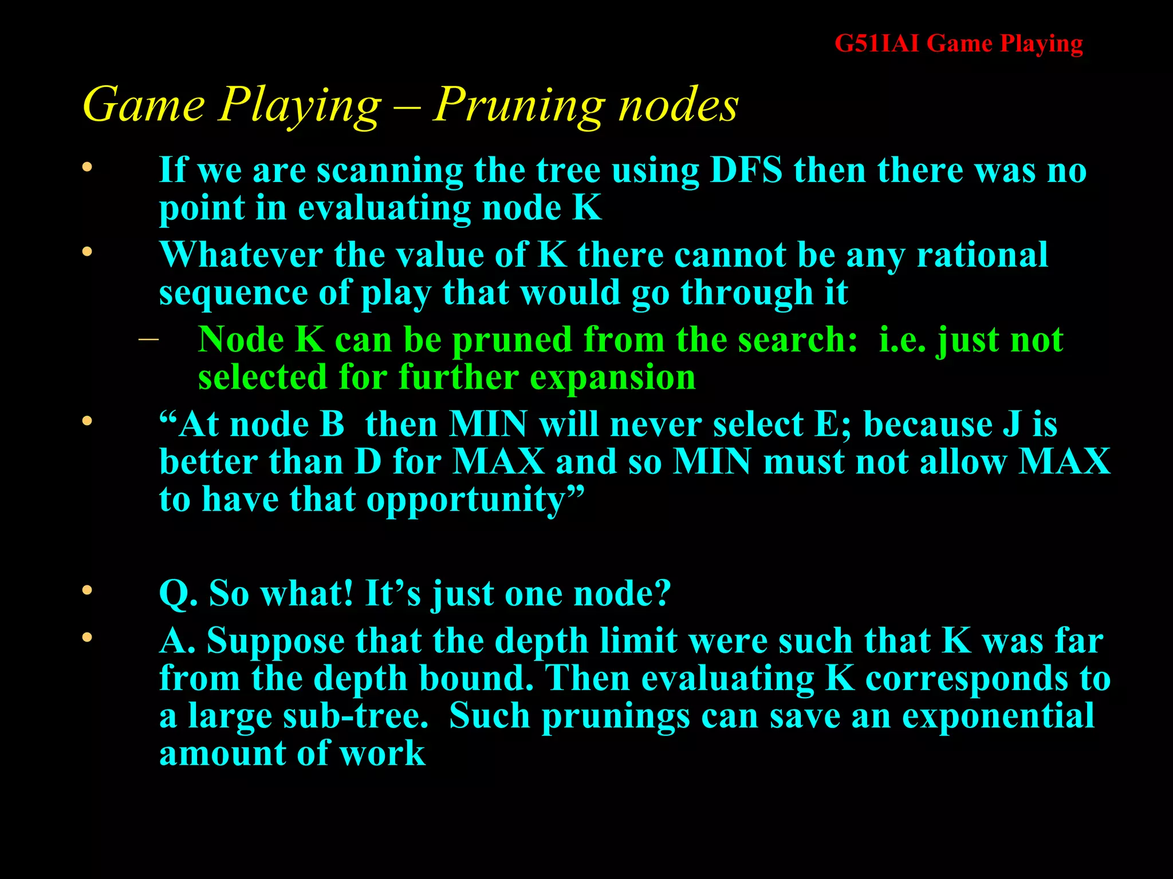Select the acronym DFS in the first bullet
746,171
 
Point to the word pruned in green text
512,340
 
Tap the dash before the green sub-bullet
148,339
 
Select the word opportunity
466,500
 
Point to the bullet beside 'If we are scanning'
87,168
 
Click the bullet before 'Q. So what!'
87,590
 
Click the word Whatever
241,255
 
